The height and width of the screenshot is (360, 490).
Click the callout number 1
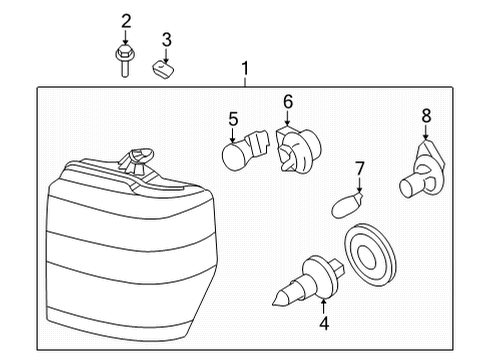coord(244,69)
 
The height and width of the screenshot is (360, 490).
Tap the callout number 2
coord(126,21)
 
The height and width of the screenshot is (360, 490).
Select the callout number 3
coord(167,40)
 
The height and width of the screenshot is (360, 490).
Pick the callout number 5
coord(232,119)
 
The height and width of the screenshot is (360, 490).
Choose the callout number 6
coord(287,101)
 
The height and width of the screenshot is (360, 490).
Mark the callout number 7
coord(360,168)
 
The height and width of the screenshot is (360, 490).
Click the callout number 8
coord(426,116)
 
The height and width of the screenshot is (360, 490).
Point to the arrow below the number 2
coord(126,38)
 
